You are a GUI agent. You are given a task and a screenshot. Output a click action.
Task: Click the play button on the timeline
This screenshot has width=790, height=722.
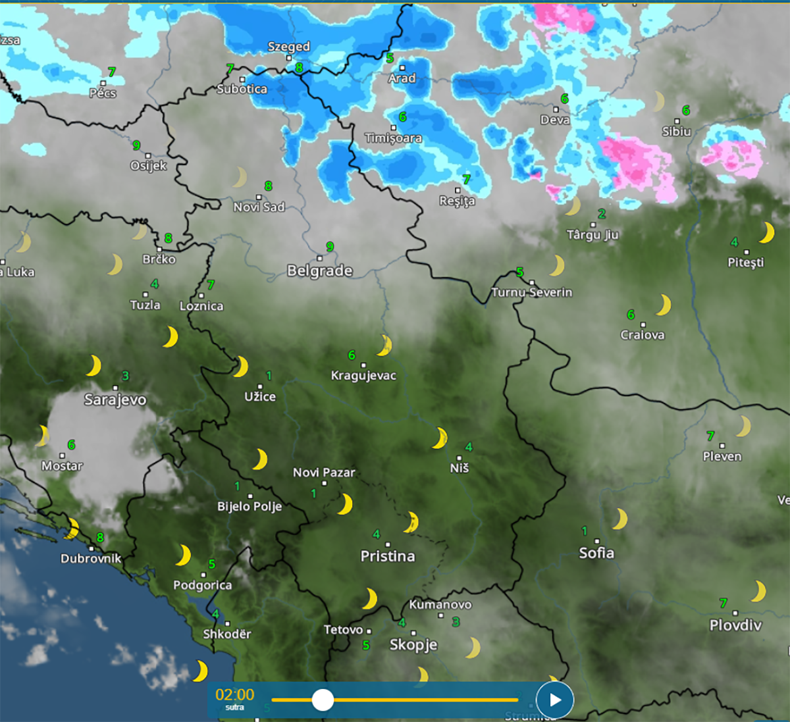554,700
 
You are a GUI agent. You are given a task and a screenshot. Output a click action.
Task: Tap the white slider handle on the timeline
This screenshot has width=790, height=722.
323,700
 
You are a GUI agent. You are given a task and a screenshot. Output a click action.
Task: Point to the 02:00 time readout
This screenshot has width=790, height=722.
234,695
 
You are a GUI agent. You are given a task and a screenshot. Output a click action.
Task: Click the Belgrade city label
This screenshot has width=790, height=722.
319,271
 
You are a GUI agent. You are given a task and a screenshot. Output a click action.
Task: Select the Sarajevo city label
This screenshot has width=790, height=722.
115,400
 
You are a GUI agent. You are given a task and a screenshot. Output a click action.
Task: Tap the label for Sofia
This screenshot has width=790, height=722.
596,553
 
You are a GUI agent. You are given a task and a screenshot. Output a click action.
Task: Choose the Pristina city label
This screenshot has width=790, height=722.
388,556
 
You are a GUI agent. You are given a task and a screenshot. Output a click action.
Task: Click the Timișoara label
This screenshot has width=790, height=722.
393,138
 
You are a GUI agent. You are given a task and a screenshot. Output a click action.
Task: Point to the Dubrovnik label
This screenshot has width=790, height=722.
91,559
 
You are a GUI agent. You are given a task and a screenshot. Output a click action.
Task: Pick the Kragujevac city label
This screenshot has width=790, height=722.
363,376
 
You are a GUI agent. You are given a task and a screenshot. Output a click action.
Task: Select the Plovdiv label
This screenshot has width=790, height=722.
735,625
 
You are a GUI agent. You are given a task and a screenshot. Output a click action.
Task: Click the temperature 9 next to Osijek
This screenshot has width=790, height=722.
136,145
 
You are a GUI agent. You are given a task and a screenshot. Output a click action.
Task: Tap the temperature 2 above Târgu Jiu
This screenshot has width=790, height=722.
601,214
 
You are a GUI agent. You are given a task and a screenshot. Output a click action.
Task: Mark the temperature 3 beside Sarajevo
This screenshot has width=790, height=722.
125,376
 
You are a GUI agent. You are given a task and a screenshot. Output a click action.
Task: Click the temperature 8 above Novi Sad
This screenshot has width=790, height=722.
268,186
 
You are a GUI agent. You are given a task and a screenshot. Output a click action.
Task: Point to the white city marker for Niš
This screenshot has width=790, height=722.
459,457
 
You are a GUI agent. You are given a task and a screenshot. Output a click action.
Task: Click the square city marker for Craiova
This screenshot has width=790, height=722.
643,324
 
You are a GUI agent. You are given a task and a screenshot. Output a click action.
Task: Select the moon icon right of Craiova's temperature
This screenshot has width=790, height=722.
663,305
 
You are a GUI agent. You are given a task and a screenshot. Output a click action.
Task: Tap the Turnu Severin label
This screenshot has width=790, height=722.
532,292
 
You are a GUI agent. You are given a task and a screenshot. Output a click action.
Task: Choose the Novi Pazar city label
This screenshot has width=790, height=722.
324,473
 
